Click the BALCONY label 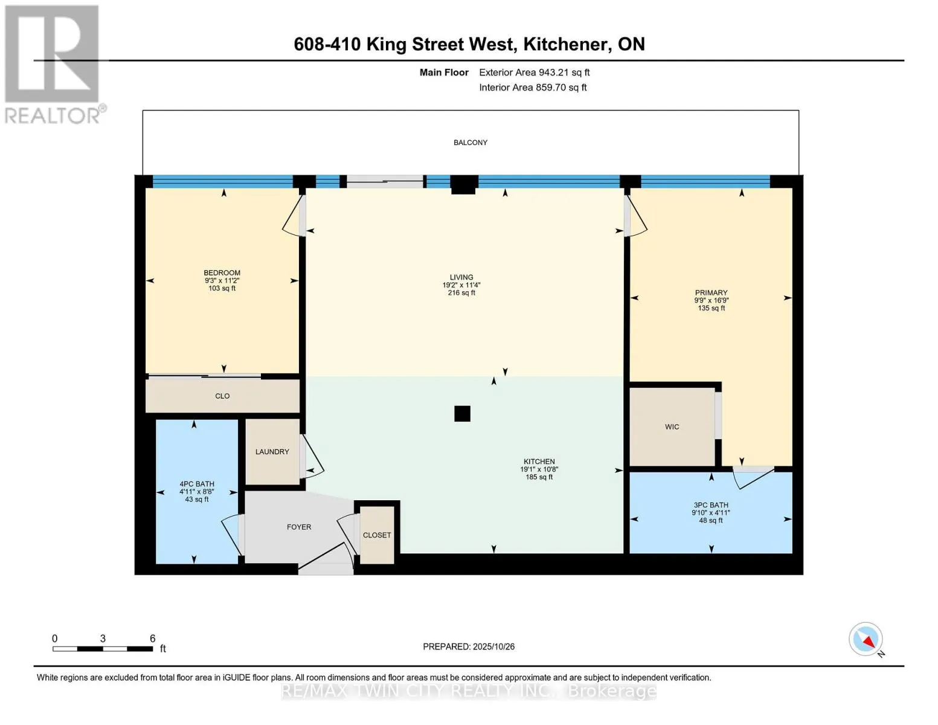point(470,143)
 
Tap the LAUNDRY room point(272,451)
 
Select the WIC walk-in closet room point(672,427)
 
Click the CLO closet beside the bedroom point(222,396)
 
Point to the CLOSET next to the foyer point(377,535)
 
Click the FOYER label point(299,527)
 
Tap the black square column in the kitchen point(462,413)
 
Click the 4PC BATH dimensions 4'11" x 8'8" point(197,492)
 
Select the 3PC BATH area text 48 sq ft point(711,520)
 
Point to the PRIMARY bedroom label point(711,292)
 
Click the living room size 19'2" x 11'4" point(461,285)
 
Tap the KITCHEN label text point(539,462)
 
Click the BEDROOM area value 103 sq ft point(222,288)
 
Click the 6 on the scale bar point(152,638)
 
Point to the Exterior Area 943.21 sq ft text point(534,72)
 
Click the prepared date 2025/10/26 point(493,646)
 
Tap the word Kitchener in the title point(565,44)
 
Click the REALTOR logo point(53,63)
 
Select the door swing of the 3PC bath point(754,477)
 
